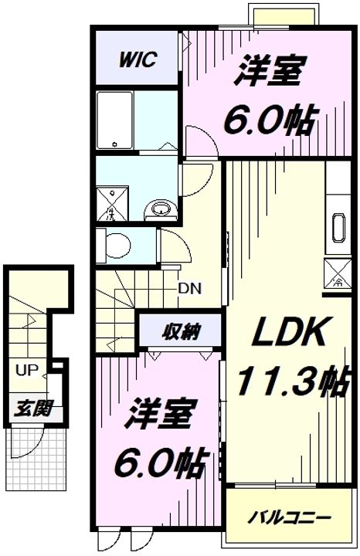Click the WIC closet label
coord(138,59)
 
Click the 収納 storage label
coord(182,332)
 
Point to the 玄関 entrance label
coord(33,409)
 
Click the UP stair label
coord(26,370)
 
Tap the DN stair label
coord(190,289)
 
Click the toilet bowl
coord(117,245)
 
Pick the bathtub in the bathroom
coord(115,120)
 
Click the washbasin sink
coord(161,208)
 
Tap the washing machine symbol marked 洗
coord(112,205)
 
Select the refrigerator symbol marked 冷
coord(338,273)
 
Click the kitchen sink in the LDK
coord(338,228)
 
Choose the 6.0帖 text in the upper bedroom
coord(269,121)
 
